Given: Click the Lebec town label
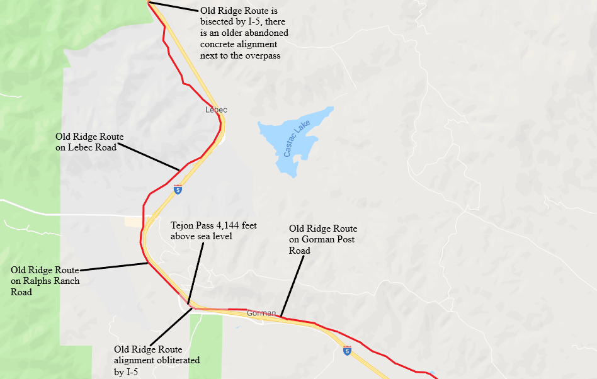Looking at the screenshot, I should pyautogui.click(x=216, y=110).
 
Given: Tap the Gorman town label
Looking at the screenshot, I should pyautogui.click(x=261, y=313).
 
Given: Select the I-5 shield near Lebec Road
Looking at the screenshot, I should pyautogui.click(x=178, y=189).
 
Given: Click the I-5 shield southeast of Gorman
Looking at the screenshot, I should pyautogui.click(x=347, y=351).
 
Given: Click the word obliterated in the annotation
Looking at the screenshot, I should pyautogui.click(x=176, y=360).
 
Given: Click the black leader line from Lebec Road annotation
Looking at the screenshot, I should pyautogui.click(x=147, y=156).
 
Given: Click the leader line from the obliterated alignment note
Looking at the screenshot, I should pyautogui.click(x=170, y=327).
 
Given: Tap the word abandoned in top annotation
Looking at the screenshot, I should pyautogui.click(x=266, y=33).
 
